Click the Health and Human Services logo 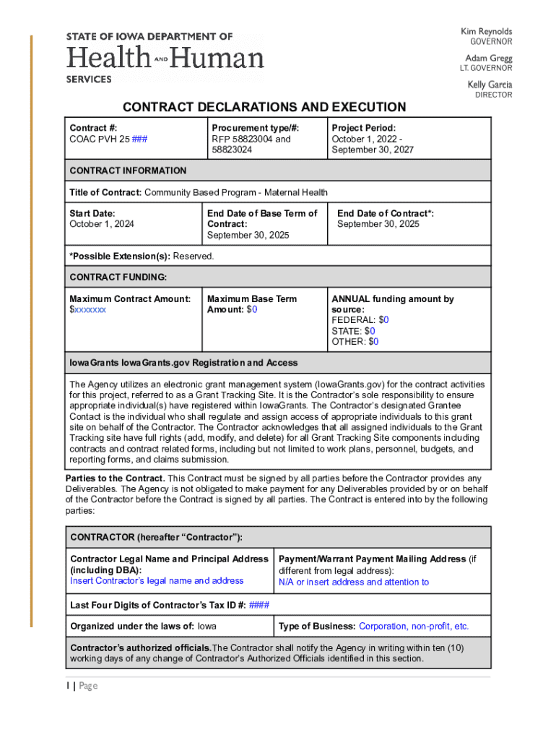click(165, 58)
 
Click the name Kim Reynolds click(486, 32)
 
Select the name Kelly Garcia click(489, 85)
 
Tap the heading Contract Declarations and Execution click(264, 108)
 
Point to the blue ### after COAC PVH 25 click(140, 139)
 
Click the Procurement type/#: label click(256, 128)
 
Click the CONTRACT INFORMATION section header click(128, 171)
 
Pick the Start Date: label click(92, 213)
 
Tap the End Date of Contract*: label click(386, 213)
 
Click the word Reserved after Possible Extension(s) click(193, 256)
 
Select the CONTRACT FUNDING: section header click(118, 277)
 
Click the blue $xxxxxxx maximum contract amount click(87, 309)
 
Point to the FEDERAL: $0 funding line click(360, 319)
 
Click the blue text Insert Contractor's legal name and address click(157, 581)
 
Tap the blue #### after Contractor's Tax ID click(259, 605)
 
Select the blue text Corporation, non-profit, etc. click(414, 627)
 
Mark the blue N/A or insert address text click(354, 582)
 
